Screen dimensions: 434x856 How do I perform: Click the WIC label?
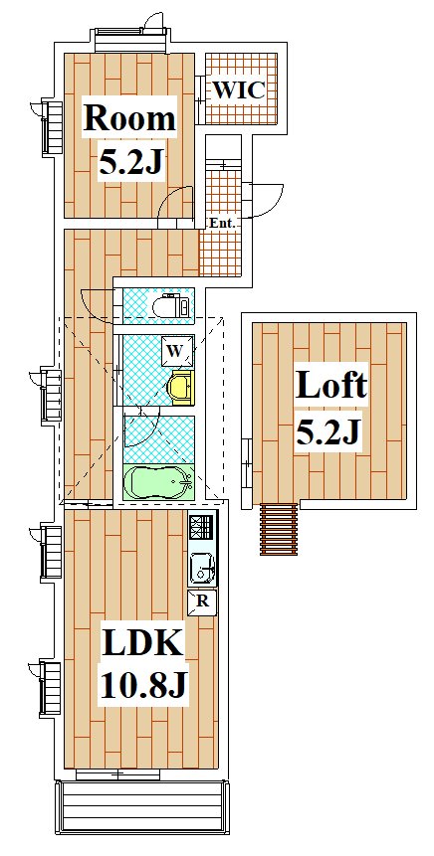tap(238, 90)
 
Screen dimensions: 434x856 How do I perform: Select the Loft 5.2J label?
tap(329, 408)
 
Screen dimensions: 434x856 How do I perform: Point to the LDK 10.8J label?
tap(143, 663)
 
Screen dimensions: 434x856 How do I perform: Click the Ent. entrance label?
tap(223, 223)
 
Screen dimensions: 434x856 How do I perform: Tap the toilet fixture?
tap(170, 306)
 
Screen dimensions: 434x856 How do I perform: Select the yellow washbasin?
tap(180, 387)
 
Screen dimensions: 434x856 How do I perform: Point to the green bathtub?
tap(158, 482)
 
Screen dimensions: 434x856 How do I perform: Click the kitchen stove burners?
tap(203, 527)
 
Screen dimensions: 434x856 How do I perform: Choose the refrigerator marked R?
tap(202, 602)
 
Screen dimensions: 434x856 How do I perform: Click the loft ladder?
tap(279, 529)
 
